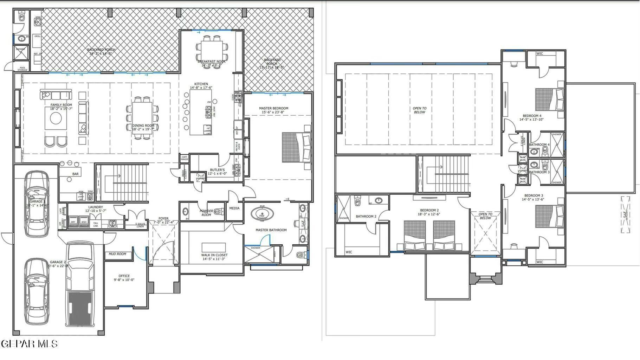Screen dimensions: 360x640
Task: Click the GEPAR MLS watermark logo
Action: tap(30, 343)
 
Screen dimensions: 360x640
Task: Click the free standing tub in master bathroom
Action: tap(262, 214)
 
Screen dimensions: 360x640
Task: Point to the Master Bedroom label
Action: tap(273, 108)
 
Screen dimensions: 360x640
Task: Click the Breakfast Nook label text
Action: tap(212, 62)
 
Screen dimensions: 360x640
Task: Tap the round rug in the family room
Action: tap(56, 118)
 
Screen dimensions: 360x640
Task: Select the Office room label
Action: tap(124, 276)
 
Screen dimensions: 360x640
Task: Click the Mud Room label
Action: tap(117, 254)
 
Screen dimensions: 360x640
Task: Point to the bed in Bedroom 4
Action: tap(549, 99)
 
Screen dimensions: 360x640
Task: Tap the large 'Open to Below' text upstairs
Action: tap(419, 110)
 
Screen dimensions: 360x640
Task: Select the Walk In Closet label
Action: tap(214, 255)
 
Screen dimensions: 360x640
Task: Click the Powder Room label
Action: tap(206, 213)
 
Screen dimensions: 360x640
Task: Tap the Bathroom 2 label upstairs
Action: tap(366, 216)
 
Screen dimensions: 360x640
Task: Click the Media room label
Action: tap(234, 208)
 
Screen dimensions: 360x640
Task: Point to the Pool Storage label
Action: tap(22, 69)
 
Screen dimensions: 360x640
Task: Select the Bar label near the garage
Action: tap(75, 174)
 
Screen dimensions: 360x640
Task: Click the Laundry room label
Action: tap(95, 207)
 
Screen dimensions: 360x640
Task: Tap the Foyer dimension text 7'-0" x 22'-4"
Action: tap(163, 222)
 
